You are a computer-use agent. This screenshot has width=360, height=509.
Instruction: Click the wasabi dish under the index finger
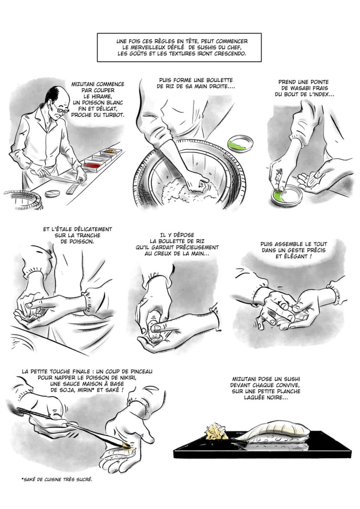[286, 196]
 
